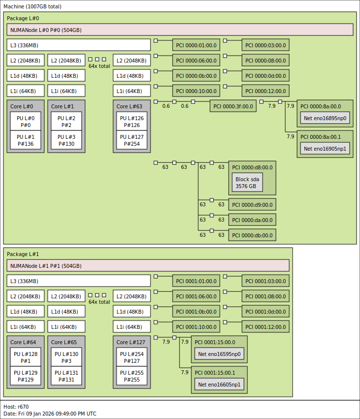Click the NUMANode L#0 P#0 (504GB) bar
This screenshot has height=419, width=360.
click(180, 30)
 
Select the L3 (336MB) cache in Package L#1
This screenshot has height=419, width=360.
click(79, 281)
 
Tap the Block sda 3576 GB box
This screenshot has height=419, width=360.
click(247, 182)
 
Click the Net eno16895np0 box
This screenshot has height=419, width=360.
click(325, 118)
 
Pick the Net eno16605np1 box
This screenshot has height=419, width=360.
click(219, 384)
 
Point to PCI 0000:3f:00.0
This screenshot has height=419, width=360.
click(233, 106)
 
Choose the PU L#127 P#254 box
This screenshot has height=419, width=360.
click(132, 140)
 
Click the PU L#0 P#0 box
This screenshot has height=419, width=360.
click(26, 121)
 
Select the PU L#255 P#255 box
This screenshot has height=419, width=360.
click(132, 376)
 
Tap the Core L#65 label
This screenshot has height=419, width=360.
click(64, 342)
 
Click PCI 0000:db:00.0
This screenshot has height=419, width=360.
click(252, 235)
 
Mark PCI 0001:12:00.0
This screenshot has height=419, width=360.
click(266, 326)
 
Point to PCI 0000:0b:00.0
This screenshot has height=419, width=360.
click(196, 76)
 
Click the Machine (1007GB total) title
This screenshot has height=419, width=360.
click(32, 6)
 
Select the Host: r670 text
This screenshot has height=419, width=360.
click(16, 407)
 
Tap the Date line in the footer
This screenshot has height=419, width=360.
click(50, 414)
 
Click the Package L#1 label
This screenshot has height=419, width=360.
click(23, 254)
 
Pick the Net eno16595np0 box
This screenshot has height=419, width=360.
click(219, 354)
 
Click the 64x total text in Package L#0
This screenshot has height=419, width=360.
click(99, 66)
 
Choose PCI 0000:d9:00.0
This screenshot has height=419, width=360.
click(252, 204)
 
